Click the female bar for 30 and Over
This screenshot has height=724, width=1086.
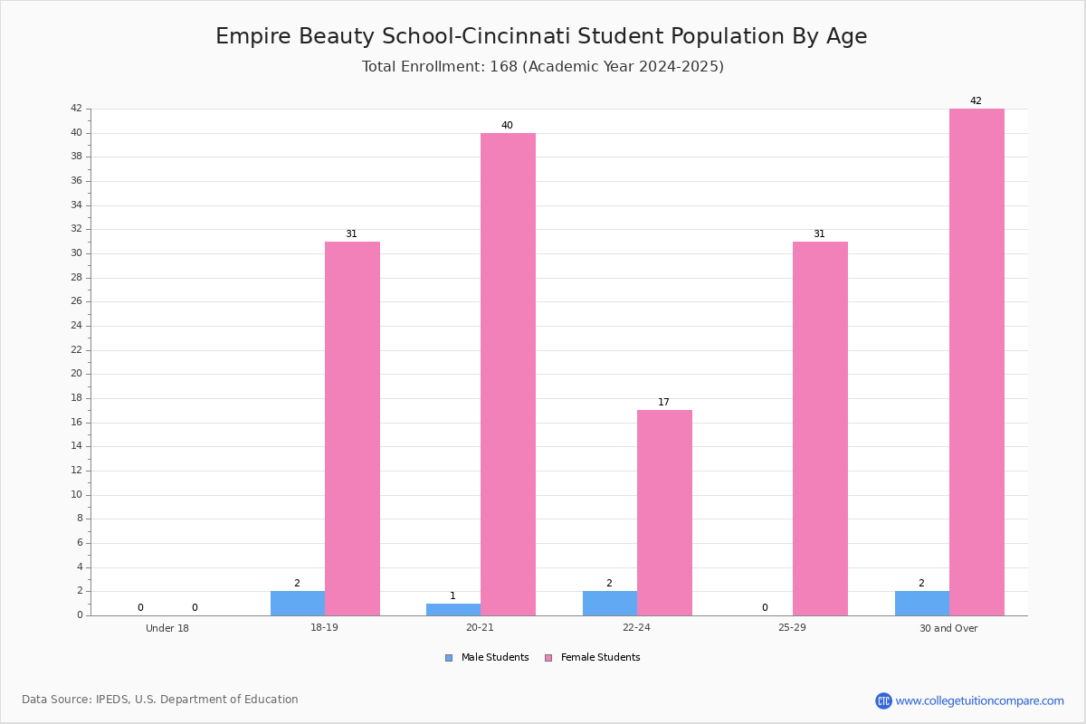pyautogui.click(x=976, y=362)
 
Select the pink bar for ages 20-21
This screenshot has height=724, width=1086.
pyautogui.click(x=508, y=374)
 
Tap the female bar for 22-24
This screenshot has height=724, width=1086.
pyautogui.click(x=664, y=512)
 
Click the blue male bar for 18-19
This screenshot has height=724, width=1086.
pyautogui.click(x=298, y=604)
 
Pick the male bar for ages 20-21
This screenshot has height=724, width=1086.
pyautogui.click(x=453, y=610)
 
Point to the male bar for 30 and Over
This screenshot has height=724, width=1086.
pyautogui.click(x=922, y=604)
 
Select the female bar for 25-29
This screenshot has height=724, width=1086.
pyautogui.click(x=820, y=428)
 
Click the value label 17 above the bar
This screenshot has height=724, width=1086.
pyautogui.click(x=663, y=402)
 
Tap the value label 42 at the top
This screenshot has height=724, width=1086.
pyautogui.click(x=976, y=100)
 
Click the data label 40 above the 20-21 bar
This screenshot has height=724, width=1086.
pyautogui.click(x=507, y=125)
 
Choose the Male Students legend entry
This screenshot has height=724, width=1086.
pyautogui.click(x=487, y=657)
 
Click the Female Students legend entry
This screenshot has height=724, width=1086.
pyautogui.click(x=593, y=657)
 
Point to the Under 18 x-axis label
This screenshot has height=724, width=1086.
pyautogui.click(x=167, y=628)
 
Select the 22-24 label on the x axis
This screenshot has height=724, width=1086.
pyautogui.click(x=636, y=627)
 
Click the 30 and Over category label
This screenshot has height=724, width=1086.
pyautogui.click(x=948, y=628)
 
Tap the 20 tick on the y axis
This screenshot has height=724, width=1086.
pyautogui.click(x=77, y=374)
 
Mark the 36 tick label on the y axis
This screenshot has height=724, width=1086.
pyautogui.click(x=77, y=180)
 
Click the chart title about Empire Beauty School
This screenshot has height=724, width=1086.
pyautogui.click(x=541, y=36)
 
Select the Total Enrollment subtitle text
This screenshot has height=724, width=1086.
pyautogui.click(x=543, y=66)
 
